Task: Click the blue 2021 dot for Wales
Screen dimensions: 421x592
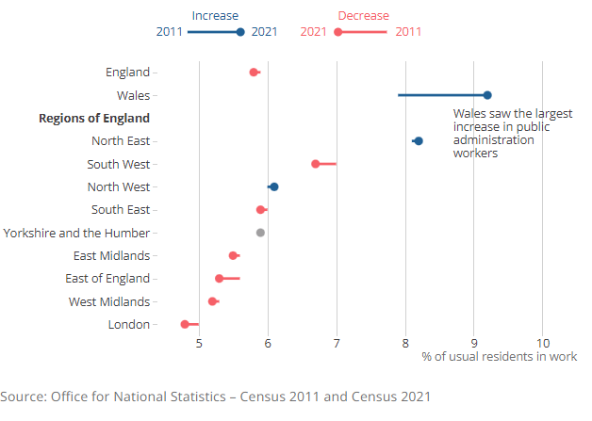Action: [x=487, y=95]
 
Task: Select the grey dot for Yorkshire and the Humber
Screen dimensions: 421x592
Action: [x=260, y=233]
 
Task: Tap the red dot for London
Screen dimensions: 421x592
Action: [x=185, y=324]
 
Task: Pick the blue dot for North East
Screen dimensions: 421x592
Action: [x=419, y=141]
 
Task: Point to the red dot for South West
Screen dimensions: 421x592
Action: [x=316, y=164]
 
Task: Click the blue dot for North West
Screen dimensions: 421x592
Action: [x=274, y=186]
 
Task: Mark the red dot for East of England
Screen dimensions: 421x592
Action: [x=220, y=279]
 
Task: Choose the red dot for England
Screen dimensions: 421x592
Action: [x=254, y=73]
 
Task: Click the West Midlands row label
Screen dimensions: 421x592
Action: [x=109, y=301]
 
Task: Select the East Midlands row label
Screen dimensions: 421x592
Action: [x=111, y=255]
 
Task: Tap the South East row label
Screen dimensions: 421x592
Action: [x=121, y=209]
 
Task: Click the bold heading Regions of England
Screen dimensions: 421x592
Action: [x=93, y=118]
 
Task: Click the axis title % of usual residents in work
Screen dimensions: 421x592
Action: [x=499, y=356]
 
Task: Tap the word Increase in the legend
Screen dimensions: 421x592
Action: [x=215, y=15]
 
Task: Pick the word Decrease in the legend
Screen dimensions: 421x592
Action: [x=363, y=15]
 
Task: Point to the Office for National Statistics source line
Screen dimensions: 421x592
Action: [x=216, y=396]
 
